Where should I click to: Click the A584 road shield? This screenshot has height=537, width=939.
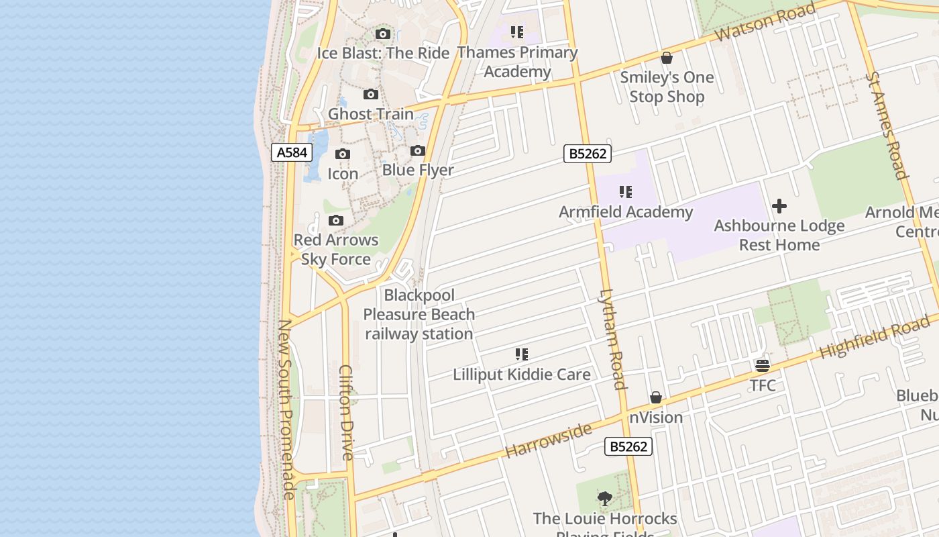[x=292, y=152]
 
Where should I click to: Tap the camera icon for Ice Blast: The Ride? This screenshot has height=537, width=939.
[x=383, y=34]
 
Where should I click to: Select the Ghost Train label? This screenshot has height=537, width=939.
[x=370, y=114]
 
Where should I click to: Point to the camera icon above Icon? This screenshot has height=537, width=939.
[x=343, y=154]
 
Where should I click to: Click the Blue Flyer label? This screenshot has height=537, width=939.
[x=418, y=170]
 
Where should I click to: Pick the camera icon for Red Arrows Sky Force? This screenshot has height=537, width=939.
[x=336, y=220]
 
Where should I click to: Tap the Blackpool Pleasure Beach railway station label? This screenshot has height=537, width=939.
[x=419, y=314]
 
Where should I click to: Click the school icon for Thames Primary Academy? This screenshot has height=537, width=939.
[x=517, y=32]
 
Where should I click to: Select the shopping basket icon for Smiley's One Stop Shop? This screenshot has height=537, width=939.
[x=667, y=58]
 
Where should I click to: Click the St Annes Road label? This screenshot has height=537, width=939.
[x=886, y=126]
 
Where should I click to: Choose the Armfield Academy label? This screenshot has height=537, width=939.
[x=626, y=212]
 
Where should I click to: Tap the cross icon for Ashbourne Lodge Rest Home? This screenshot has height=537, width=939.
[x=779, y=206]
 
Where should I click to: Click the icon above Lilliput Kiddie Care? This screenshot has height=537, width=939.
[x=522, y=354]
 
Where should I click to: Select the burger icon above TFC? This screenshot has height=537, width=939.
[x=763, y=366]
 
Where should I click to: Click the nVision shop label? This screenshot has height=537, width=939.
[x=655, y=418]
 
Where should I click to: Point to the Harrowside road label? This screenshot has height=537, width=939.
[x=549, y=440]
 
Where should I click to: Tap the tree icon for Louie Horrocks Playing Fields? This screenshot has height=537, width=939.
[x=605, y=499]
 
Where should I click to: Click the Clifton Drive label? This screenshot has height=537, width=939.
[x=346, y=412]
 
